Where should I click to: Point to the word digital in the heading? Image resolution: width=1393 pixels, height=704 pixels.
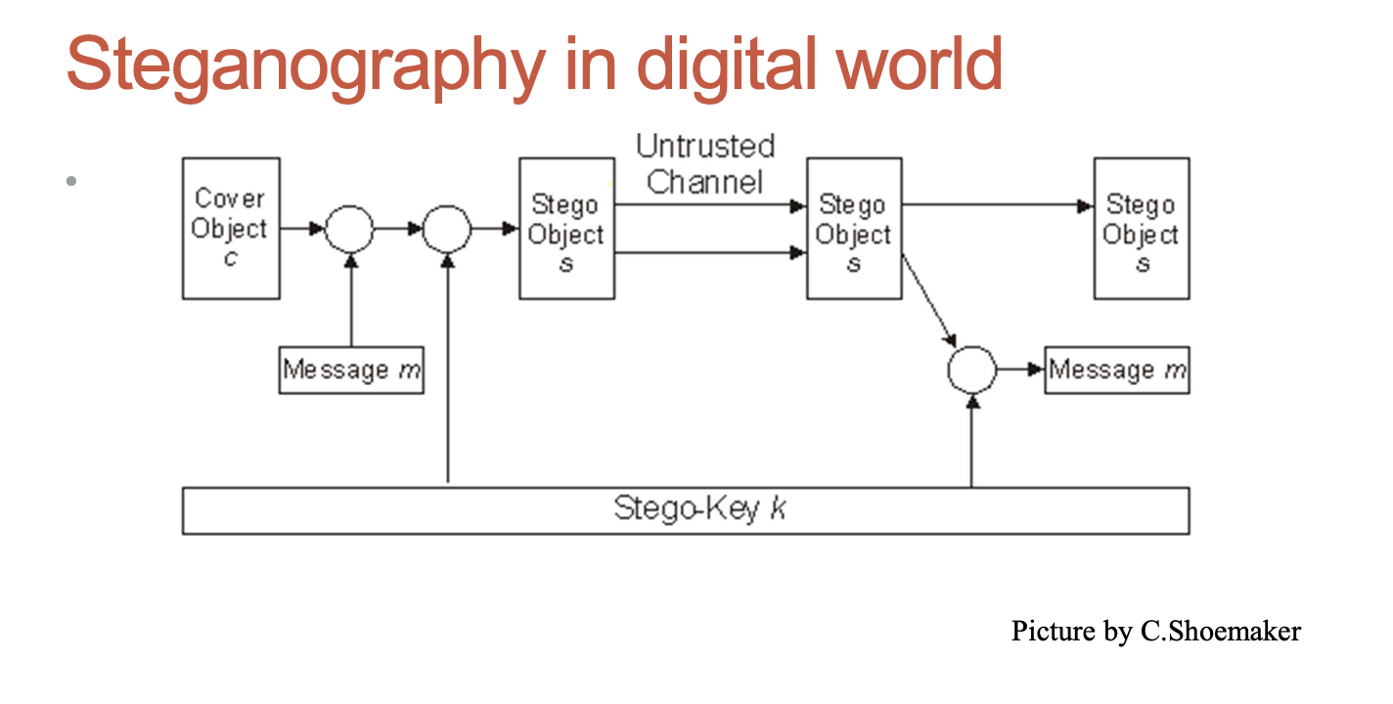click(x=701, y=65)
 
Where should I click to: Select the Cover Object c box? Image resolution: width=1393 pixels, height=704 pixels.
click(x=231, y=228)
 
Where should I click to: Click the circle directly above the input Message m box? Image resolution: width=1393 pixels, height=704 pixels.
click(x=349, y=229)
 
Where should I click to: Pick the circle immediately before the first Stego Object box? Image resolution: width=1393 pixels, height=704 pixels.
click(x=447, y=229)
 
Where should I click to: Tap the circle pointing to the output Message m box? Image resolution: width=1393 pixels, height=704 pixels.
click(x=971, y=371)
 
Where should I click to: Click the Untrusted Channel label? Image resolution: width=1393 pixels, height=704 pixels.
click(x=705, y=163)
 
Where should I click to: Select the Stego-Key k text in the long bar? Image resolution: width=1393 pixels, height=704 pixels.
click(x=699, y=509)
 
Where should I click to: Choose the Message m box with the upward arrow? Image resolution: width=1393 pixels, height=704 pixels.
click(x=351, y=371)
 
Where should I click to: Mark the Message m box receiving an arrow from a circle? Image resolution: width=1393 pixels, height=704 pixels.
click(x=1117, y=371)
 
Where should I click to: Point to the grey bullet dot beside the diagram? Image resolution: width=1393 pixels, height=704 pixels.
click(x=70, y=181)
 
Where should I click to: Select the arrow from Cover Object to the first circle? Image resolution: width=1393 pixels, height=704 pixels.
click(x=301, y=229)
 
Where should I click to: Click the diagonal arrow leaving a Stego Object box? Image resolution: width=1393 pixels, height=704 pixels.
click(x=927, y=298)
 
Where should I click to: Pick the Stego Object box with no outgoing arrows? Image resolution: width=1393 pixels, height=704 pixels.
click(x=1142, y=228)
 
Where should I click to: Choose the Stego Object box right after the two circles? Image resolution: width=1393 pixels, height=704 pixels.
click(x=566, y=228)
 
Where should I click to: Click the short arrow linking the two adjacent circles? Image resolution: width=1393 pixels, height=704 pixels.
click(x=398, y=229)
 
